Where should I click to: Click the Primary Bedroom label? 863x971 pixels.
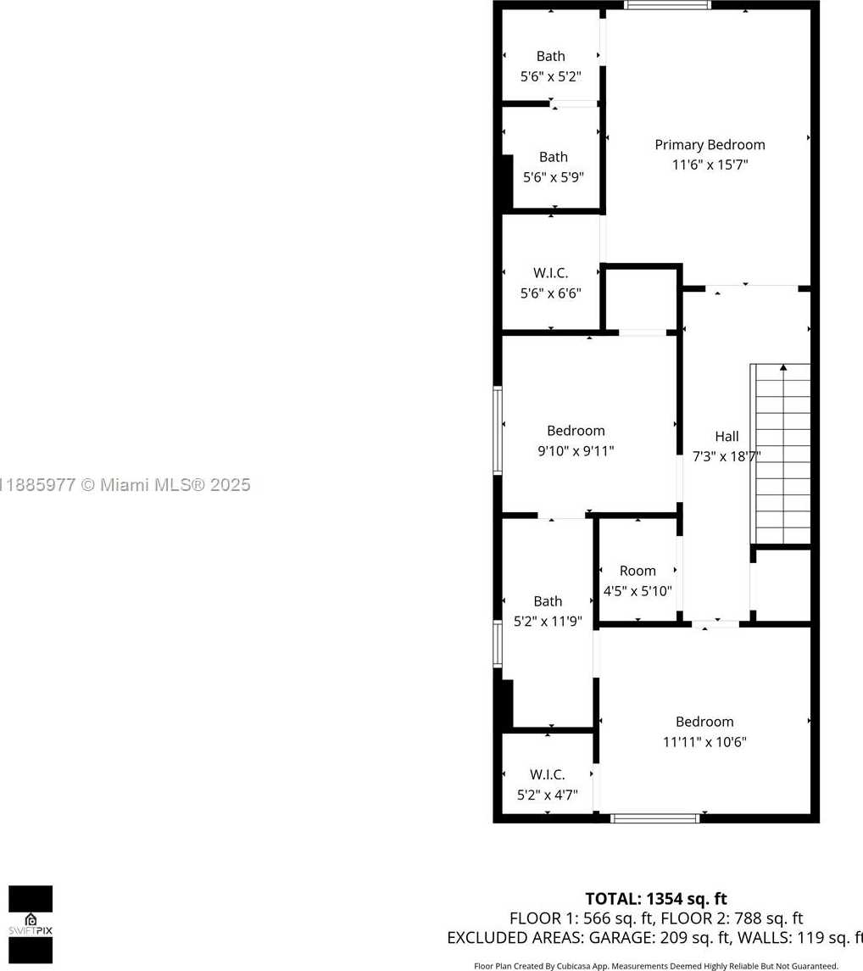(710, 145)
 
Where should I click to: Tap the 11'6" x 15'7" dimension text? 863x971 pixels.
(710, 165)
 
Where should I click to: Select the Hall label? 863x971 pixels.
(727, 436)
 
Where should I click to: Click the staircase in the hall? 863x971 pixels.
(780, 454)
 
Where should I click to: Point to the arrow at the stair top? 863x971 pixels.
(783, 367)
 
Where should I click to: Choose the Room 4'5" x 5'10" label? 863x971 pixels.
(638, 581)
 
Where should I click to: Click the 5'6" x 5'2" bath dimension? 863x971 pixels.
(551, 77)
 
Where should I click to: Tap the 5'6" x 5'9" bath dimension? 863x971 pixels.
(554, 177)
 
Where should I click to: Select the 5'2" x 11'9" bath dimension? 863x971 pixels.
(548, 621)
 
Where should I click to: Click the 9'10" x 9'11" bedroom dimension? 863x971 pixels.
(576, 451)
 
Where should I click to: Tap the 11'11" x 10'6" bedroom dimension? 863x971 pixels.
(704, 742)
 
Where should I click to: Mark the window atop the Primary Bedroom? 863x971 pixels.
(667, 5)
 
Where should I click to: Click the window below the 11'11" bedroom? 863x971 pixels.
(655, 818)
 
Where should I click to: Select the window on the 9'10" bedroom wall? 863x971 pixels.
(497, 431)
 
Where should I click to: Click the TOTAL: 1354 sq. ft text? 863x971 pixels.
(656, 899)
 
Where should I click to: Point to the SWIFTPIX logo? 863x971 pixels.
(31, 924)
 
